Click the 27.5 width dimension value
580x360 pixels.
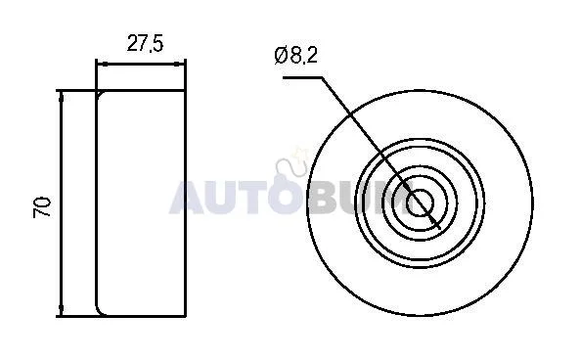click(x=145, y=43)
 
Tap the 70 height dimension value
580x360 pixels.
click(x=42, y=207)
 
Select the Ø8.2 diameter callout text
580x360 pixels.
click(x=296, y=56)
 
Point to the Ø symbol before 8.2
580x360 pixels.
click(x=281, y=56)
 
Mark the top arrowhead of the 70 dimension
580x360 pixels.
click(x=62, y=97)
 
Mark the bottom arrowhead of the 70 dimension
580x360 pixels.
click(x=62, y=310)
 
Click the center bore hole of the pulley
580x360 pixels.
click(x=420, y=202)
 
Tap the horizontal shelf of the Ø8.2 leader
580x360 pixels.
click(x=302, y=77)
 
